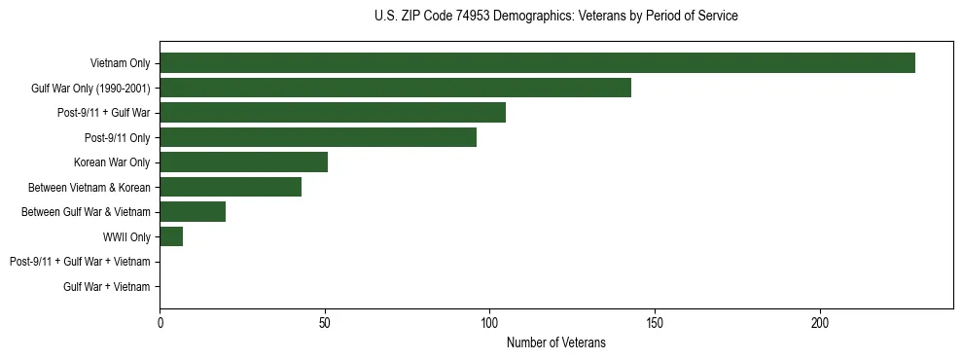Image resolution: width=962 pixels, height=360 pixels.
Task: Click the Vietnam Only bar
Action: [x=537, y=63]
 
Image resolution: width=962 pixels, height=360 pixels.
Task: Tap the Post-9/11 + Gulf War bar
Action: [x=333, y=113]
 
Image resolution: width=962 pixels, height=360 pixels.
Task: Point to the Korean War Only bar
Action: [x=243, y=162]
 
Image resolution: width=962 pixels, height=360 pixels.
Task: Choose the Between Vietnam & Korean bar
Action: [x=231, y=187]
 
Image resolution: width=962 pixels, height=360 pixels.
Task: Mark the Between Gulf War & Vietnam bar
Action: [x=193, y=212]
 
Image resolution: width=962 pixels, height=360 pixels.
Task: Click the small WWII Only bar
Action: [x=171, y=236]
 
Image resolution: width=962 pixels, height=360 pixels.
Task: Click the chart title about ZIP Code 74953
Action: [x=555, y=17]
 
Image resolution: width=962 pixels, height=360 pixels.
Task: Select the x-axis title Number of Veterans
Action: [x=555, y=342]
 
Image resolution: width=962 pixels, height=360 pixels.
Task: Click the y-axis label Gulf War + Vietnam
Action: [x=106, y=287]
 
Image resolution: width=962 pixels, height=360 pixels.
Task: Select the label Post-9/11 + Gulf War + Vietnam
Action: [x=80, y=262]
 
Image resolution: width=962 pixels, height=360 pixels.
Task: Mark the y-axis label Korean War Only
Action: [x=112, y=162]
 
